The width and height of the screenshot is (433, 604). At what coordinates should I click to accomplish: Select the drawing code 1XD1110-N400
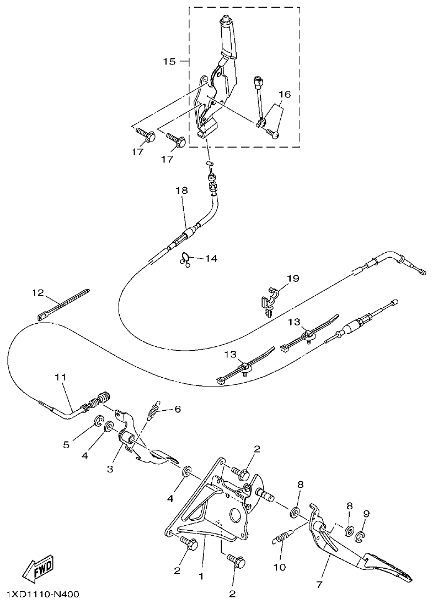(43, 595)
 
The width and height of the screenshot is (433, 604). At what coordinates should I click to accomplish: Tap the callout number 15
(169, 62)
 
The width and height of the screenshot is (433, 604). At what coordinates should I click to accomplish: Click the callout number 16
(284, 95)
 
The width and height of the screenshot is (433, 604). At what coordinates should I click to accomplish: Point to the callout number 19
(292, 279)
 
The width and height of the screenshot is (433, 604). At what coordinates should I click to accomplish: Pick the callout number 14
(212, 258)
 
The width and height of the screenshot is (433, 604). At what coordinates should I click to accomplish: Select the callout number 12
(38, 294)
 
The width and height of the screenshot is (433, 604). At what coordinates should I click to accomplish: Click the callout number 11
(60, 377)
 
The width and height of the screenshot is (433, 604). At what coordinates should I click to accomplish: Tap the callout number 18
(181, 191)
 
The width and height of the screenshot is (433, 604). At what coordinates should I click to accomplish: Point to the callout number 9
(366, 514)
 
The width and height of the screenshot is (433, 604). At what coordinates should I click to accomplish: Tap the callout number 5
(66, 444)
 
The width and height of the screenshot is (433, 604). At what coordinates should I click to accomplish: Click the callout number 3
(110, 469)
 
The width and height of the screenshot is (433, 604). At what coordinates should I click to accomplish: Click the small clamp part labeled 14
(186, 259)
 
